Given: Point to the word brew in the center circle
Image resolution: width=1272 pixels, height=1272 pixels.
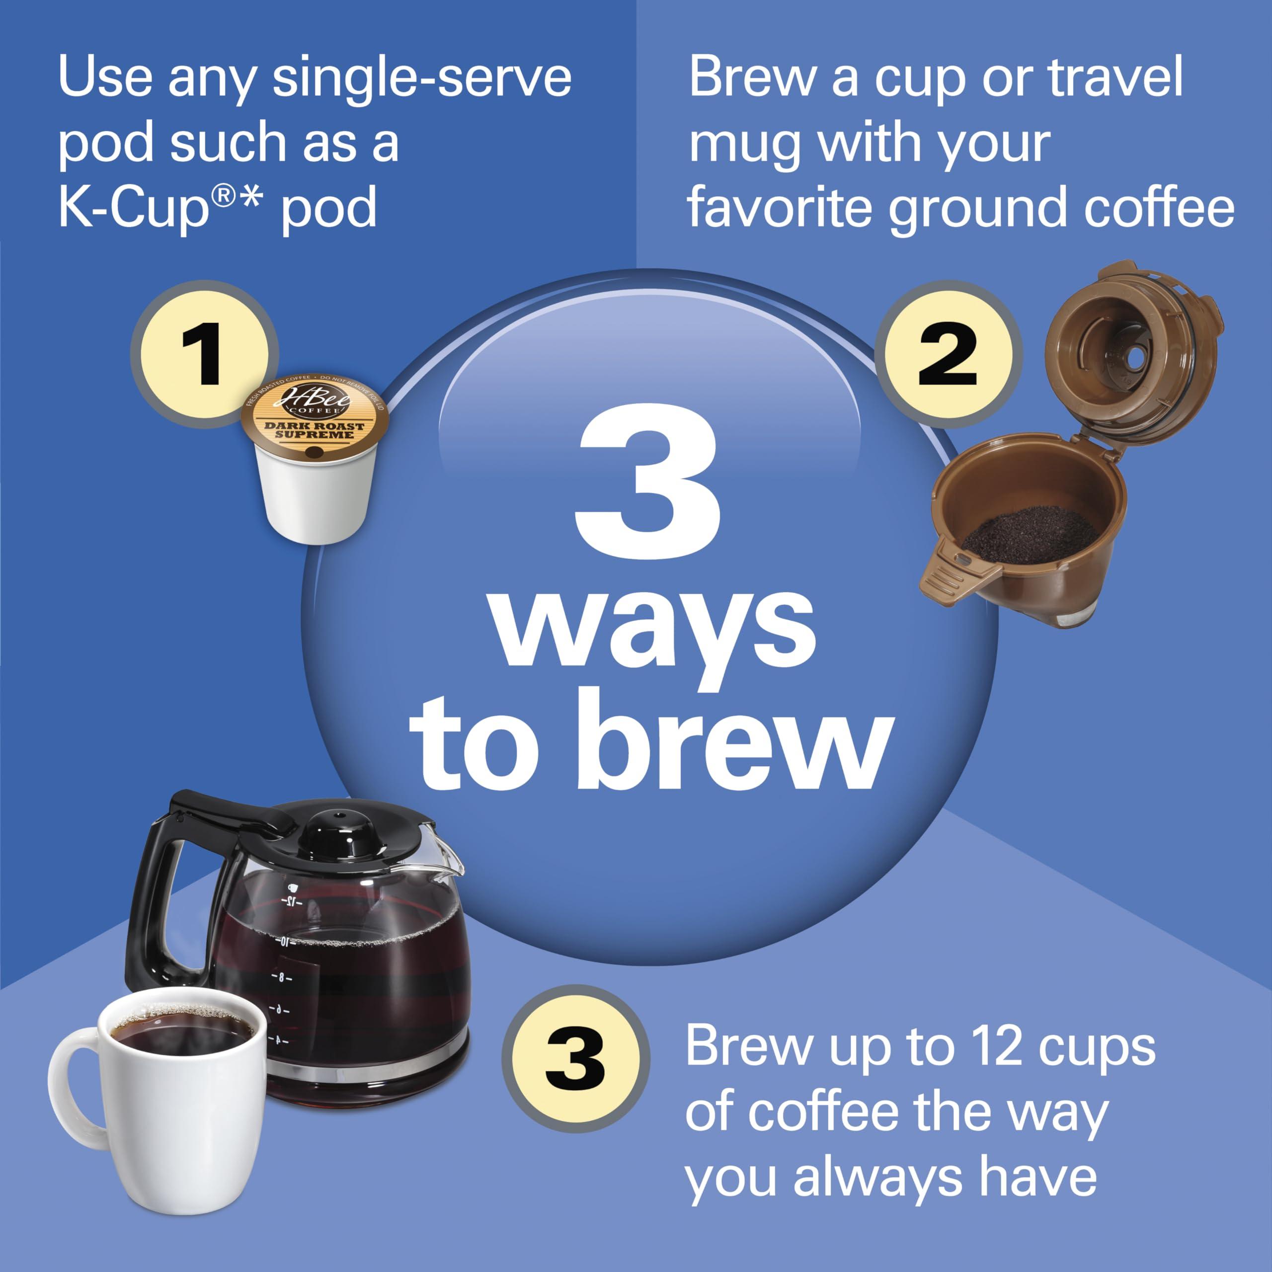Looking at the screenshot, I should pos(734,741).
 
